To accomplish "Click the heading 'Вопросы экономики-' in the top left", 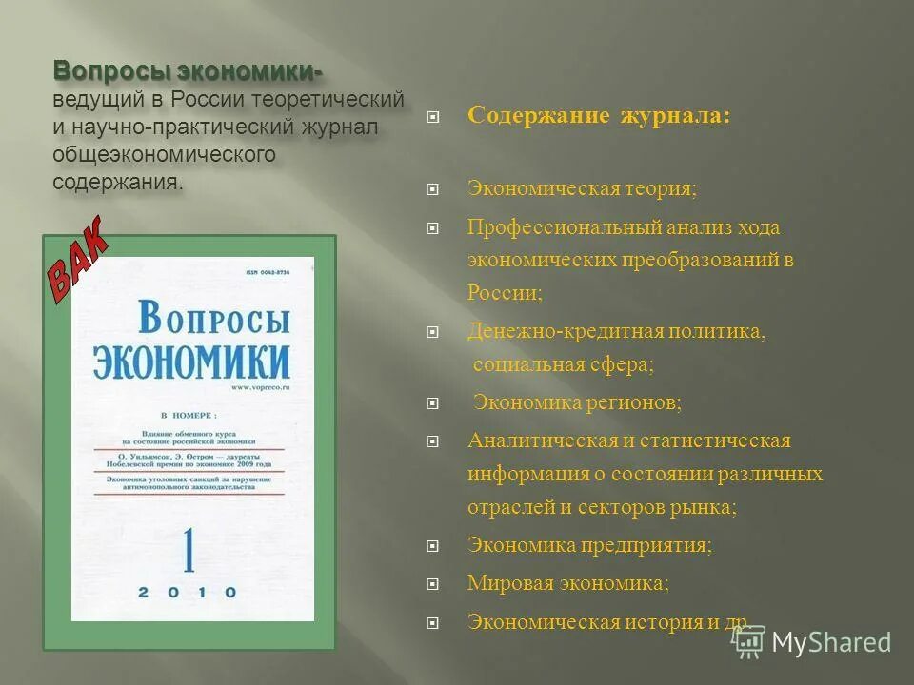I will coord(188,72).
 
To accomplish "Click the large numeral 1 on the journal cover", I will coord(188,546).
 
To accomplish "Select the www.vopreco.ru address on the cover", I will coord(258,388).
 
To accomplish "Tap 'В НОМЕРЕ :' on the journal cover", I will coord(189,416).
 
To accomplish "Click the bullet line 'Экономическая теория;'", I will coord(582,188).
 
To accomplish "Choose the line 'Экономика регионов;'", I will coord(578,402).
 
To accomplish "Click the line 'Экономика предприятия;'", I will coord(589,545).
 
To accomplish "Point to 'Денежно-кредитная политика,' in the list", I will coord(616,331).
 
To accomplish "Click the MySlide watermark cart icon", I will coord(747,641).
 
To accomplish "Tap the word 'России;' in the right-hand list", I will coord(505,293).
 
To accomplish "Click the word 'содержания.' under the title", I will coord(118,182).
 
